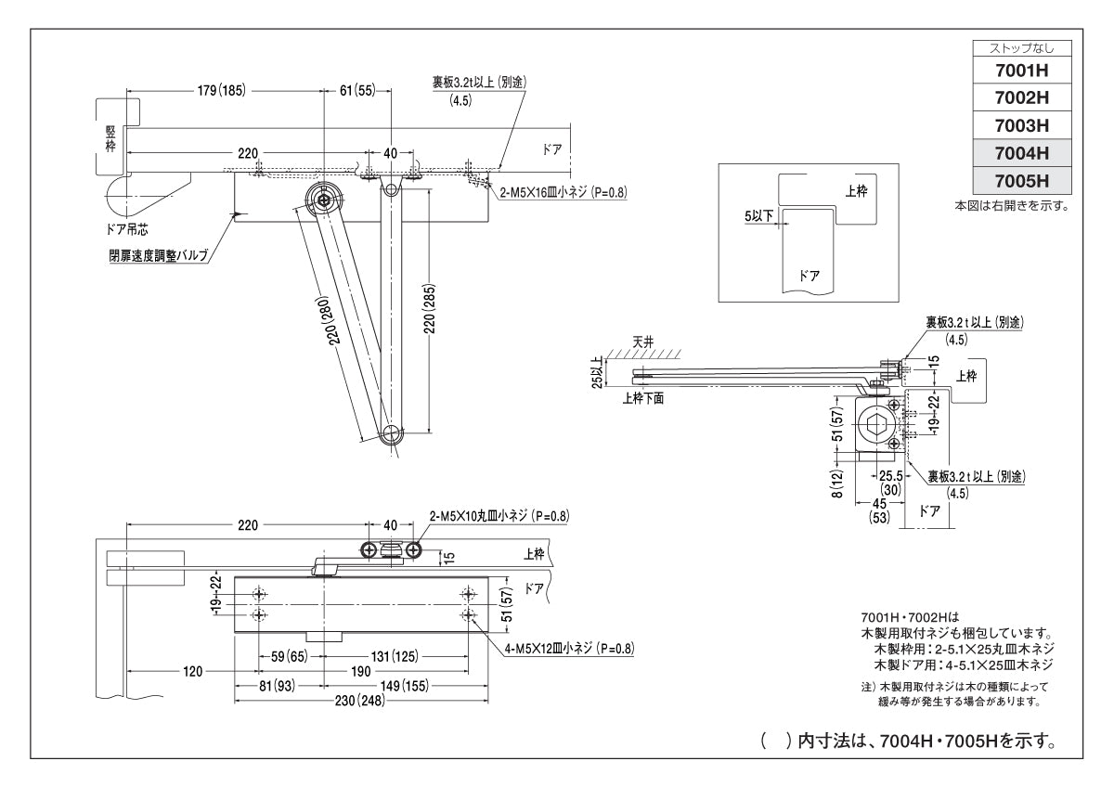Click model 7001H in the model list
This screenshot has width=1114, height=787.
(1020, 70)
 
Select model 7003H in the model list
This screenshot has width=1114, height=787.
(1020, 124)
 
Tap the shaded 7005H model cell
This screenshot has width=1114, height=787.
(1020, 180)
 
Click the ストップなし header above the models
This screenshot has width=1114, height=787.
(1020, 47)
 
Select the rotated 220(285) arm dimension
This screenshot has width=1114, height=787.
(429, 314)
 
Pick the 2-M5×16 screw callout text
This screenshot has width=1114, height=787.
(563, 193)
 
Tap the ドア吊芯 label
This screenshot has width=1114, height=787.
(124, 228)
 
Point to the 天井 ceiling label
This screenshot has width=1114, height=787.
(643, 342)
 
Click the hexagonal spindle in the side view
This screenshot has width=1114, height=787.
(876, 426)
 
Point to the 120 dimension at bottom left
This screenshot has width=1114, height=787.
(191, 671)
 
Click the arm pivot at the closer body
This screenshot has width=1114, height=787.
(324, 200)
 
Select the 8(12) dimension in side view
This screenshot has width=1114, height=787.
(837, 483)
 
